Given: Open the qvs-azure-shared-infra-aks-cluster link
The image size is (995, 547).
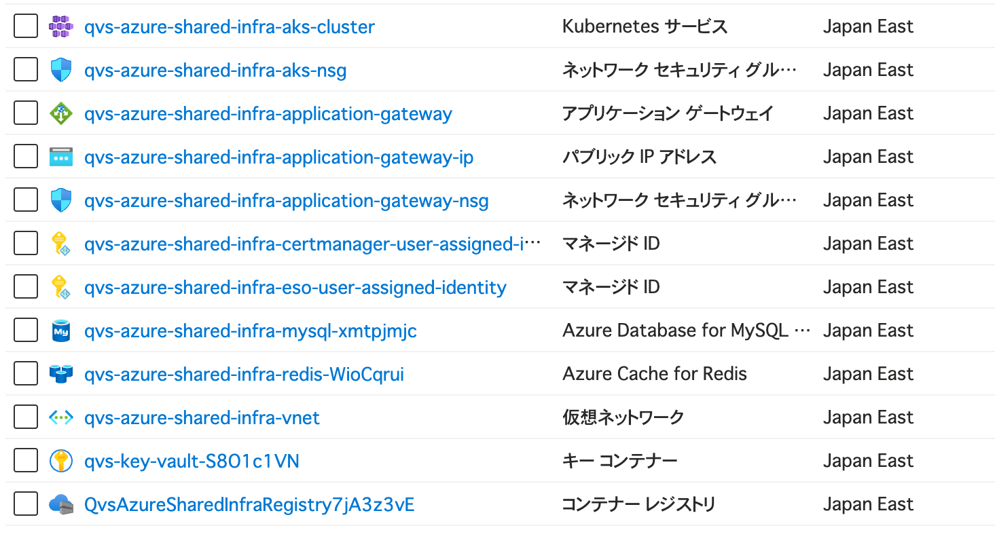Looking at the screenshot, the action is pyautogui.click(x=229, y=26).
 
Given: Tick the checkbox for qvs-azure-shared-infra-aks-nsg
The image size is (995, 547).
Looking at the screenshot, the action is pyautogui.click(x=26, y=70).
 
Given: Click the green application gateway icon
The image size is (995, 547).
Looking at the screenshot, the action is pyautogui.click(x=61, y=113).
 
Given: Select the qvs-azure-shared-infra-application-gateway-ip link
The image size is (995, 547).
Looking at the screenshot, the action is pyautogui.click(x=279, y=157).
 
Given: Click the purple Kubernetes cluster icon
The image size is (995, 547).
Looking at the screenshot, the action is pyautogui.click(x=61, y=26).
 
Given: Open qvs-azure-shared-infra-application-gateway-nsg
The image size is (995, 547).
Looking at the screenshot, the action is pyautogui.click(x=287, y=201).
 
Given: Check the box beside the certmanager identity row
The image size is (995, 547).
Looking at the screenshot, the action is pyautogui.click(x=26, y=244).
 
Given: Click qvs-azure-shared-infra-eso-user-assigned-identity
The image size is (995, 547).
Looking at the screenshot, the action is pyautogui.click(x=295, y=287).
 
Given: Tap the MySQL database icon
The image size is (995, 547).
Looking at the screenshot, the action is pyautogui.click(x=61, y=331).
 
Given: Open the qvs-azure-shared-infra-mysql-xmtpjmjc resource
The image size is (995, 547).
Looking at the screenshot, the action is pyautogui.click(x=251, y=331).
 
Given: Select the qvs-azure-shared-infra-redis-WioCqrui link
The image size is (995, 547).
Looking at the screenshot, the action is pyautogui.click(x=245, y=374).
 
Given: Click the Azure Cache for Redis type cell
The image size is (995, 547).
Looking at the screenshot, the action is pyautogui.click(x=655, y=374).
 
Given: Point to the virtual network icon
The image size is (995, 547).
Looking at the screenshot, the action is pyautogui.click(x=61, y=417).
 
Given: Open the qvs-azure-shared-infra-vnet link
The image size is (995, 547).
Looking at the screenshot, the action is pyautogui.click(x=202, y=417).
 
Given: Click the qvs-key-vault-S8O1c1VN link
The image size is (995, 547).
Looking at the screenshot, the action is pyautogui.click(x=192, y=461).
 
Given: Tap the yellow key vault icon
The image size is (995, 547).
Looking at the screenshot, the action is pyautogui.click(x=61, y=460).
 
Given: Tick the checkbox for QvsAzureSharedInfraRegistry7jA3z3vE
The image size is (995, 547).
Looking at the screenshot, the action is pyautogui.click(x=26, y=504).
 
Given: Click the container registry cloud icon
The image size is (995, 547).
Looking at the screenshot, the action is pyautogui.click(x=61, y=504).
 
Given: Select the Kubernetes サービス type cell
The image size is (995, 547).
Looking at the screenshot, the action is pyautogui.click(x=645, y=26).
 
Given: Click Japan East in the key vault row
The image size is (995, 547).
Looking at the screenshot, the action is pyautogui.click(x=869, y=461).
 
